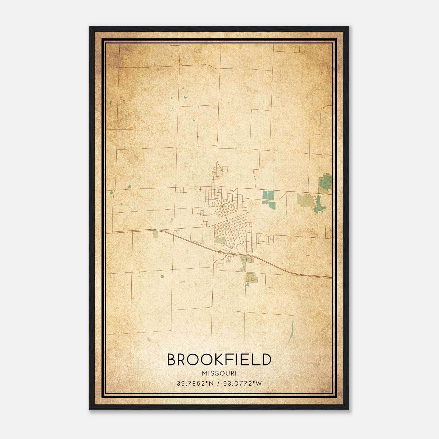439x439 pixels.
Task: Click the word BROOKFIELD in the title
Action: tap(219, 360)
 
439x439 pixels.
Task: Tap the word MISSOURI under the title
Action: tap(219, 373)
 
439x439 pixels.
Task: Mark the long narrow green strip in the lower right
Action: tap(291, 331)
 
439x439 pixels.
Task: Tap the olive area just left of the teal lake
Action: tap(305, 200)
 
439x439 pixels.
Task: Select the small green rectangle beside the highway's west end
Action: tap(156, 234)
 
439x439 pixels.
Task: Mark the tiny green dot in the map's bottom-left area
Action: tap(148, 339)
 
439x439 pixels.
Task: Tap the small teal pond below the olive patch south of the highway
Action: tap(248, 285)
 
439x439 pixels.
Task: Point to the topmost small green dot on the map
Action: tap(171, 57)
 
